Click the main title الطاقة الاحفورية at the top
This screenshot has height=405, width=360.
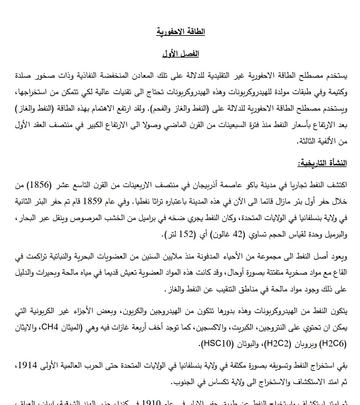(180, 32)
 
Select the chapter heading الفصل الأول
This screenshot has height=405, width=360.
(181, 54)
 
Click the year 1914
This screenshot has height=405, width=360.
(28, 366)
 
